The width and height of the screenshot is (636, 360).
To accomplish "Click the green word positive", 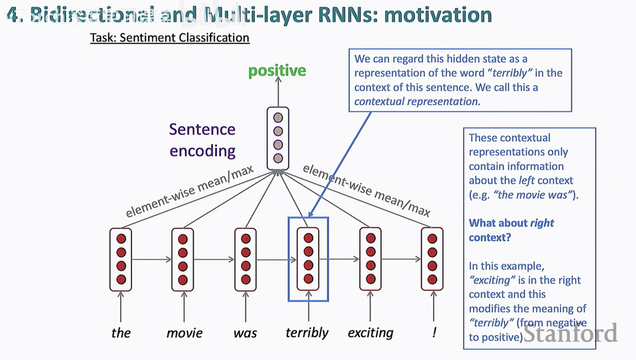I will [277, 71].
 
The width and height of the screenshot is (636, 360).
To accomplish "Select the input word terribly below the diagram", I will [307, 333].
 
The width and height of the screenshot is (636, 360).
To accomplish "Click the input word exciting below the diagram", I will [370, 333].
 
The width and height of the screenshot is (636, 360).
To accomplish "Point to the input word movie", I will [184, 333].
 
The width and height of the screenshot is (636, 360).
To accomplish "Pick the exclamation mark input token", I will [434, 332].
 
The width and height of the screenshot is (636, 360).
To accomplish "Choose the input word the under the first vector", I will [121, 333].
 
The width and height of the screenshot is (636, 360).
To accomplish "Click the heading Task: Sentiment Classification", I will [170, 38].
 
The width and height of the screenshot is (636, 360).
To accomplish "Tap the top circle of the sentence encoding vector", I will [278, 118].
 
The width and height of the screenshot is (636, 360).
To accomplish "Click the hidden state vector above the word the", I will [121, 259].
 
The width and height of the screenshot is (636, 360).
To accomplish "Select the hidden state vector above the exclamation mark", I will [432, 259].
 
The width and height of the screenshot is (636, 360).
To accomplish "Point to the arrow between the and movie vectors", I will [151, 259].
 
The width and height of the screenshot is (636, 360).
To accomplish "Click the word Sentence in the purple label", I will [202, 129].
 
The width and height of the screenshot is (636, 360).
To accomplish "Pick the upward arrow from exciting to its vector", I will [370, 306].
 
